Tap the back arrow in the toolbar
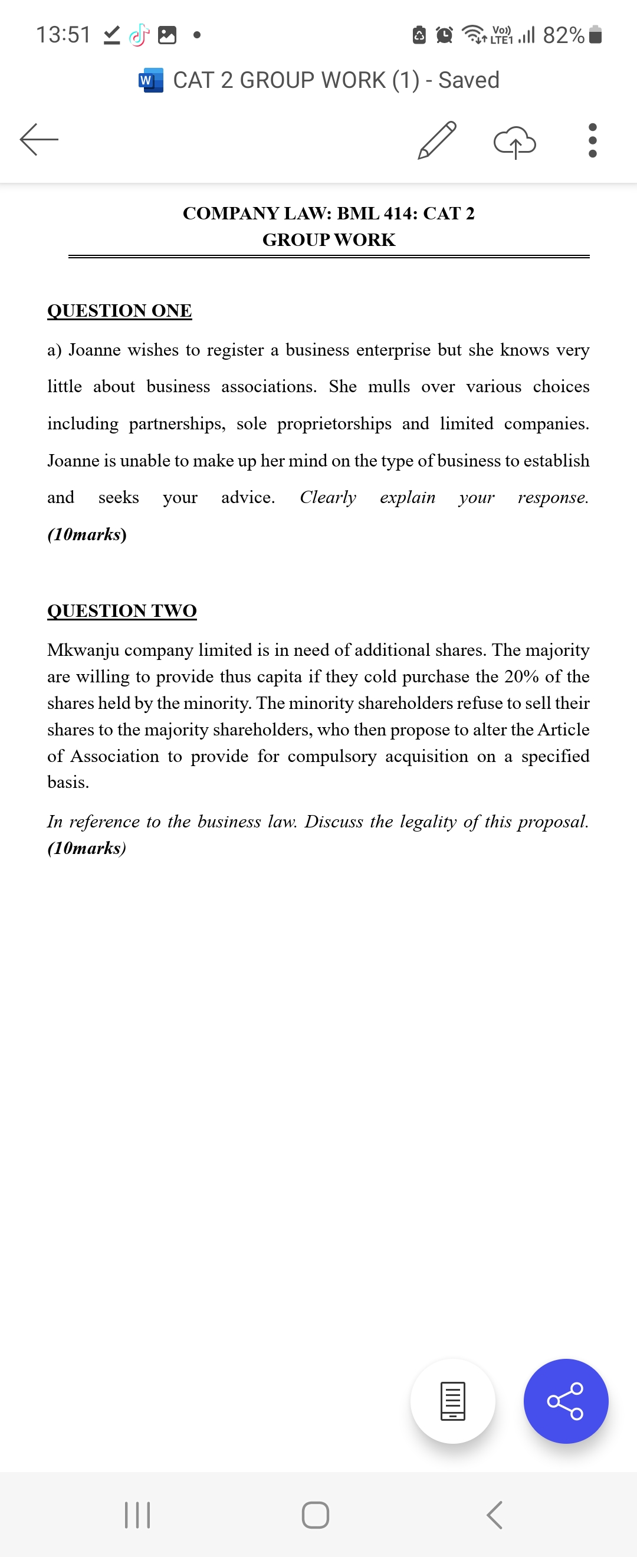(40, 140)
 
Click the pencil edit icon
(437, 140)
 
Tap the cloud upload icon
(514, 143)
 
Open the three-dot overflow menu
(592, 140)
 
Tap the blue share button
(566, 1401)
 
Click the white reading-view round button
(452, 1401)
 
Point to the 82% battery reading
(563, 35)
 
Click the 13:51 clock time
(64, 34)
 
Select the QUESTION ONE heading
(120, 310)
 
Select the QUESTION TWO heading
(122, 610)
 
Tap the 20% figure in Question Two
(521, 676)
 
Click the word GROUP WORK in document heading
(329, 240)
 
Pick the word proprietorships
(334, 423)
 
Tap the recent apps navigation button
(137, 1515)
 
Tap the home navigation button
(316, 1515)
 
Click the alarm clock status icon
(444, 35)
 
